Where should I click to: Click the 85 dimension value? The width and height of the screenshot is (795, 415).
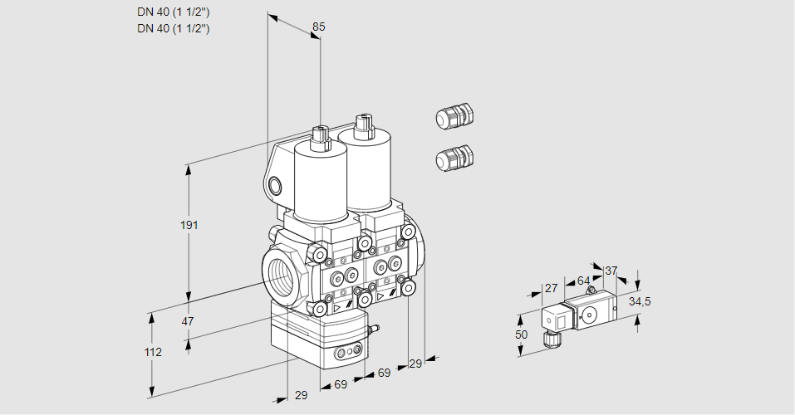[318, 27]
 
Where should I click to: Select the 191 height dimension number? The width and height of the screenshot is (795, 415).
[191, 226]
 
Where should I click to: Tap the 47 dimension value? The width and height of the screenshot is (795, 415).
[188, 321]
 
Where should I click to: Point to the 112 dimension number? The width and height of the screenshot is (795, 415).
[153, 352]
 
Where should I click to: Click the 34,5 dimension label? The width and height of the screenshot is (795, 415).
[639, 301]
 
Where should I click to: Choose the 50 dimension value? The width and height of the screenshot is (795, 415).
[521, 334]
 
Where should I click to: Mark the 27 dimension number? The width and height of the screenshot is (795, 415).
[550, 288]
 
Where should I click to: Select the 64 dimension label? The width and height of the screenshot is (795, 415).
[583, 281]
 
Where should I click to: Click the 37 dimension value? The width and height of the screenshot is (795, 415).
[611, 271]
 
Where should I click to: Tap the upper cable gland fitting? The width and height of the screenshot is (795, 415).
[454, 117]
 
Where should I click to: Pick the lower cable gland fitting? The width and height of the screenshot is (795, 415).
[454, 158]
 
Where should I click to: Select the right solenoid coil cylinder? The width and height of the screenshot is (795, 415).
[366, 170]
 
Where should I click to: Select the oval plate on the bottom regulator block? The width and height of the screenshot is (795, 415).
[348, 354]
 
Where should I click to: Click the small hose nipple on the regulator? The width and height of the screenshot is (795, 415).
[374, 330]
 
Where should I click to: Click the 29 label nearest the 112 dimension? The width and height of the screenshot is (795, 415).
[301, 395]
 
